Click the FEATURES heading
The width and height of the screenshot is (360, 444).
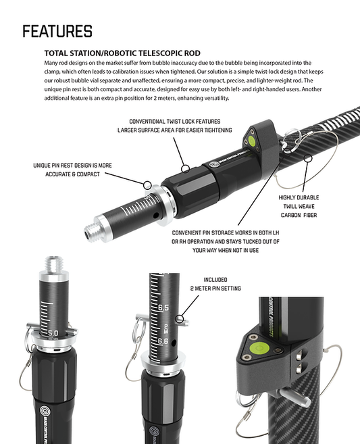tap(57, 31)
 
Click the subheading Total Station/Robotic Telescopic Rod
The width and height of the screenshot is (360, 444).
tap(122, 53)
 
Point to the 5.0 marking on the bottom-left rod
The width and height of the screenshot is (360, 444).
tap(53, 333)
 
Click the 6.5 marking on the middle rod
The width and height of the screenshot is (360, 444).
tap(163, 307)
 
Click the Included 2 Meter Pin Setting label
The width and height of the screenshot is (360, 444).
tap(216, 283)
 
